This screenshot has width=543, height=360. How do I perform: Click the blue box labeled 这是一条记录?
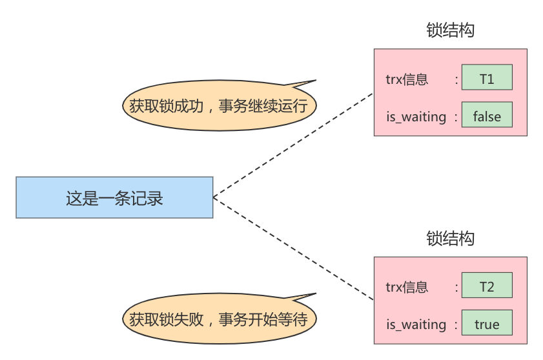coord(114,197)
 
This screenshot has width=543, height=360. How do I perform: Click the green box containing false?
coord(487,116)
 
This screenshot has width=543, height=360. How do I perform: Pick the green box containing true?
coord(487,324)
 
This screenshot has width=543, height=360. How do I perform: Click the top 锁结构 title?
coord(450,31)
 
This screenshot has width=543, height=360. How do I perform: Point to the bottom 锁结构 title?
coord(450,239)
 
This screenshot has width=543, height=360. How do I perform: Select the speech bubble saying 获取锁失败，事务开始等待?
coord(218,318)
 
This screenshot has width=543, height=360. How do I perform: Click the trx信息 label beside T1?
coord(407,79)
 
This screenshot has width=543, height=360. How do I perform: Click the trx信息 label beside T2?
coord(407,287)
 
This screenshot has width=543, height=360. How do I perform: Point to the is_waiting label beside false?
coord(416,117)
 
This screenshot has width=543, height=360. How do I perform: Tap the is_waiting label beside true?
coord(416,325)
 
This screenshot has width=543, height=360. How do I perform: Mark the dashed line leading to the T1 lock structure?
coord(294,145)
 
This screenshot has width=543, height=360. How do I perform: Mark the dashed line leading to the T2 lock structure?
coord(294,249)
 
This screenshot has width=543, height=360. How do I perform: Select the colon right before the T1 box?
coord(456,79)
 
